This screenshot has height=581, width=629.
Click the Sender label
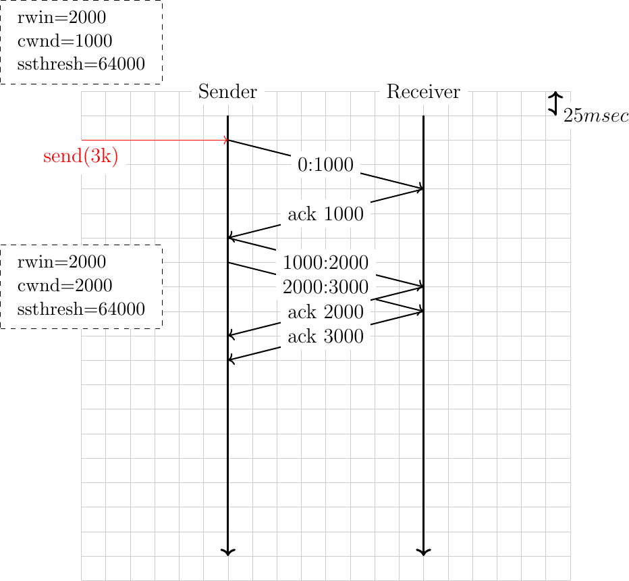tap(227, 92)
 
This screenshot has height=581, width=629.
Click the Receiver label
tap(423, 92)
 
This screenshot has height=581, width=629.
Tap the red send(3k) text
tap(80, 156)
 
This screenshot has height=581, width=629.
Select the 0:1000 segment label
tap(325, 165)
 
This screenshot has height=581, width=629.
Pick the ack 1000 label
tap(325, 214)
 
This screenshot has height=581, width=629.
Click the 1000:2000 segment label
tap(325, 263)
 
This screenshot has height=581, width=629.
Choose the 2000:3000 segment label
tap(325, 288)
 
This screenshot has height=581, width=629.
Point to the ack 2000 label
tap(325, 312)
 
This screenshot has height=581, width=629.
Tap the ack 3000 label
tap(325, 336)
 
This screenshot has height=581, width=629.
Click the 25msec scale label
tap(596, 116)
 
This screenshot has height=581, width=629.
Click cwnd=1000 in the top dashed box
tap(65, 41)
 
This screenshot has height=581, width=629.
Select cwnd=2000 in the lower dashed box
tap(65, 286)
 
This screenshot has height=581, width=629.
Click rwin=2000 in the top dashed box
tap(61, 18)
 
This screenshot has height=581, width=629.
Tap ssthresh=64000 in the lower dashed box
tap(81, 309)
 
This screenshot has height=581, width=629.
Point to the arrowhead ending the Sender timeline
tap(228, 553)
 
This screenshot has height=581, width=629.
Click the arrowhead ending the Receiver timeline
tap(424, 553)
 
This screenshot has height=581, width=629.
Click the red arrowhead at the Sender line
tap(226, 140)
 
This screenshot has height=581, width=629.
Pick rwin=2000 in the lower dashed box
tap(61, 262)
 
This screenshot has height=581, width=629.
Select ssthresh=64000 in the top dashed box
tap(81, 64)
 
